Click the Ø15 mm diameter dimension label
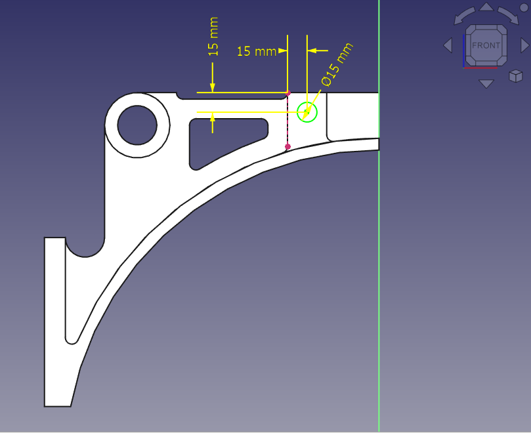coord(337,65)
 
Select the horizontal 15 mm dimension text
coord(257,51)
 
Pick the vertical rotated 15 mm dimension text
coord(213,37)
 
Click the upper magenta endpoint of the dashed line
coord(288,93)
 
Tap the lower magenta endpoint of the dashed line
coord(288,146)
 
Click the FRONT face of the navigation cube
coord(486,45)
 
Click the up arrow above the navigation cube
coord(486,7)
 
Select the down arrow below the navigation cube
coord(486,83)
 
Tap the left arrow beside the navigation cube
coord(448,45)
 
